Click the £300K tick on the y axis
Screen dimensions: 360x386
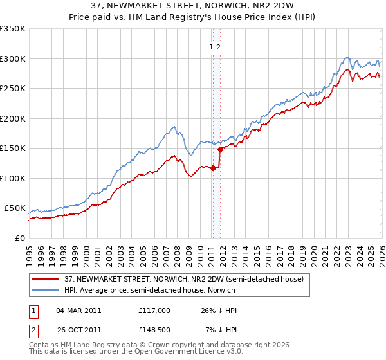click(13, 59)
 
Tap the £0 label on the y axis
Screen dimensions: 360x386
click(21, 238)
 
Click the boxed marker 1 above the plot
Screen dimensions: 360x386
click(210, 47)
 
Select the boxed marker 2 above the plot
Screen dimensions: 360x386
click(218, 47)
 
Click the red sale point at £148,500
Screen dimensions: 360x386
click(220, 149)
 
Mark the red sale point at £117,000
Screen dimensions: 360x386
click(213, 168)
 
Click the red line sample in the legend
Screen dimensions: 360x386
click(45, 279)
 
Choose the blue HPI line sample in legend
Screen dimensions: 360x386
click(45, 290)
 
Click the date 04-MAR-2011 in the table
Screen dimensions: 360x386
click(78, 310)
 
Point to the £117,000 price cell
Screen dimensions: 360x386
click(154, 310)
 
